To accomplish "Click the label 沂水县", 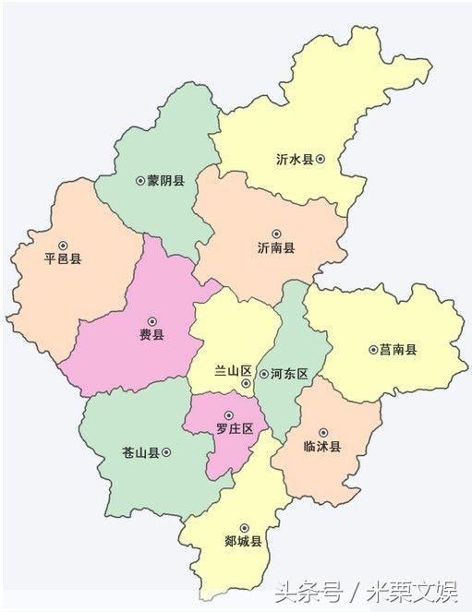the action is [294, 159].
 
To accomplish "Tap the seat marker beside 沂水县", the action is [321, 159].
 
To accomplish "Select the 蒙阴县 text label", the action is [166, 181].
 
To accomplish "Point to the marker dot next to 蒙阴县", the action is [139, 181].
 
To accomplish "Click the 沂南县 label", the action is [276, 248].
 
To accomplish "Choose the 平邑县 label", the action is [63, 259].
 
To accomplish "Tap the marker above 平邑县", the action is [63, 245].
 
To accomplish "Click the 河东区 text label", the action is [289, 374].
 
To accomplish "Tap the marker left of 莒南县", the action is [372, 350].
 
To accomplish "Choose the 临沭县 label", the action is [322, 447].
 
